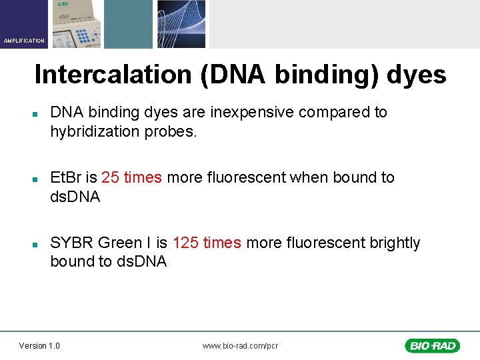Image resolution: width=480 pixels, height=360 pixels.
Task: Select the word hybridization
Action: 95,131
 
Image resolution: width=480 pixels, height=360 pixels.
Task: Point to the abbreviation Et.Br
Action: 65,177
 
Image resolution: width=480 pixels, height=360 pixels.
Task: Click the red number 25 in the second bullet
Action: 110,177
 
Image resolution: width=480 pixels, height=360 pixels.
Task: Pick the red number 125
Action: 185,243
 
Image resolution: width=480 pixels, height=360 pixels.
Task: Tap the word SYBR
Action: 71,243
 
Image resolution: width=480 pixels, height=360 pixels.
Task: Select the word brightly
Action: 393,243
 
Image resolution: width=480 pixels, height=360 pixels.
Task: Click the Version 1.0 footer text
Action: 39,345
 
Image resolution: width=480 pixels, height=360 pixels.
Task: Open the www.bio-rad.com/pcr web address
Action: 240,345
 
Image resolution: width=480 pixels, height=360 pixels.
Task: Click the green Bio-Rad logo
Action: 431,345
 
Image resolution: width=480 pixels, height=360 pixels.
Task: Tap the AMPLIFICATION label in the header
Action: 24,41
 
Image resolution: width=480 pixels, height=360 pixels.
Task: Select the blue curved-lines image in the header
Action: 181,24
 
